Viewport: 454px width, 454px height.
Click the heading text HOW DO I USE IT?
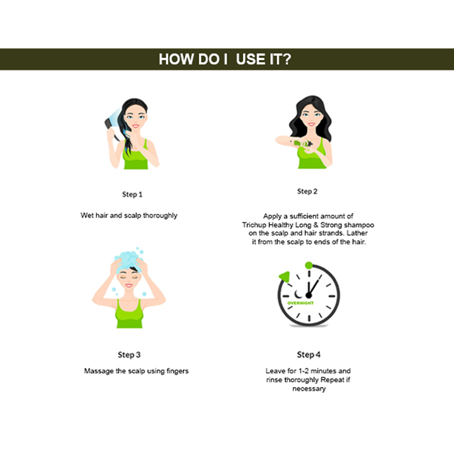tap(225, 59)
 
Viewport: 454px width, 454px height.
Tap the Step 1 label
tap(132, 194)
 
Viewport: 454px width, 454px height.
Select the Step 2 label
tap(307, 192)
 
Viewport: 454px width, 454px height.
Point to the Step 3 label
tap(129, 355)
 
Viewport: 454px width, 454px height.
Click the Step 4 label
tap(308, 355)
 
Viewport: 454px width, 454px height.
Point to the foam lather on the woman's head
tap(128, 260)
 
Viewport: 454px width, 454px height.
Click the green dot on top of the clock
tap(309, 265)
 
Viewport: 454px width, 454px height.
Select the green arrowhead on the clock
tap(284, 276)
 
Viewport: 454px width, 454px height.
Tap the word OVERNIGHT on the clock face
tap(300, 303)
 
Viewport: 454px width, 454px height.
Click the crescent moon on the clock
tap(298, 294)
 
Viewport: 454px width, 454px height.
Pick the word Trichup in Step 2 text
tap(254, 225)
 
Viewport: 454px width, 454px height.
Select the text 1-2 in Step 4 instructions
tap(303, 371)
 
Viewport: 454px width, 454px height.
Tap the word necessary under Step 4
tap(309, 389)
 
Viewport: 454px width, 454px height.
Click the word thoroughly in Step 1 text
tap(160, 216)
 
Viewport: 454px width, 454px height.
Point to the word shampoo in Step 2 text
tap(359, 225)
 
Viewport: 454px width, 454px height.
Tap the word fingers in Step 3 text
tap(178, 371)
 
